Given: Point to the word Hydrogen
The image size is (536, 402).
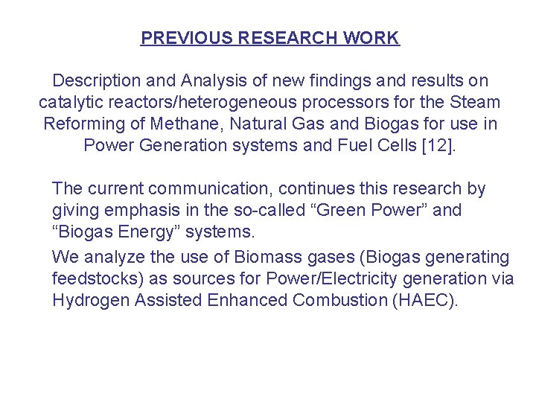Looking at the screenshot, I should pos(89,300).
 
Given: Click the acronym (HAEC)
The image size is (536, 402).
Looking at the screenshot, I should pos(427,300).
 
